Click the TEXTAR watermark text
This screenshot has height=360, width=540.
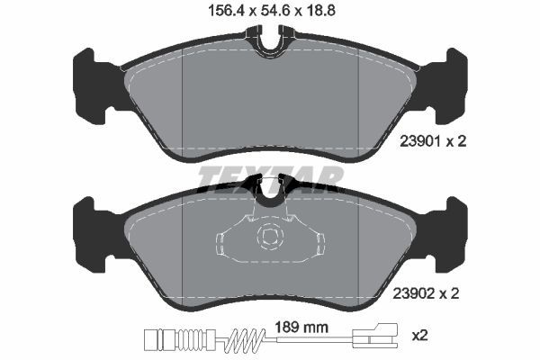tap(270, 177)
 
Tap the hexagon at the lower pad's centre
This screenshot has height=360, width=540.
tap(269, 238)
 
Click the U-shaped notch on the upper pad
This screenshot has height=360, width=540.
tap(270, 41)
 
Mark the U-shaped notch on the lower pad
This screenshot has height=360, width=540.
tap(270, 186)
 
